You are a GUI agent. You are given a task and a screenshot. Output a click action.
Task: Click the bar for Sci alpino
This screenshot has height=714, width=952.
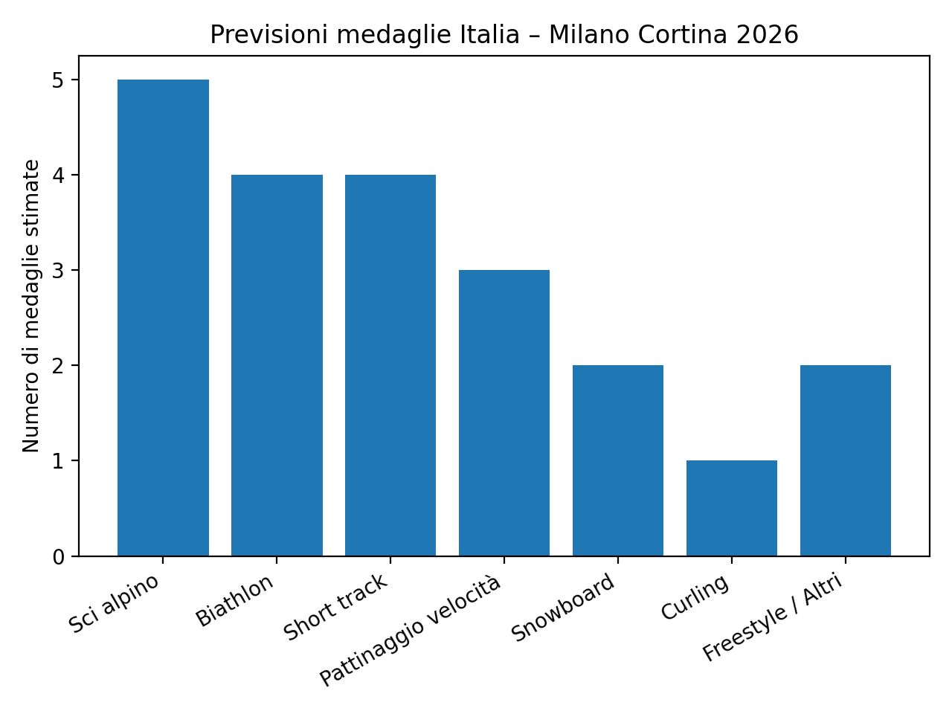point(163,318)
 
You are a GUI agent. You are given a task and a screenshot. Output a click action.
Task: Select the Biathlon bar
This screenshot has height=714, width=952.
point(277,365)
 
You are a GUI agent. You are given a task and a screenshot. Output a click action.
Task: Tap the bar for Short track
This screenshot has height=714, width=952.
point(390,365)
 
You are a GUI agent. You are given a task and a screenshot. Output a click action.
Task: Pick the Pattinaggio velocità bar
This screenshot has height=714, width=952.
point(504,413)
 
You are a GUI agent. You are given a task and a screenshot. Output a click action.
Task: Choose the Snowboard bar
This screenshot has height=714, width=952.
point(618,460)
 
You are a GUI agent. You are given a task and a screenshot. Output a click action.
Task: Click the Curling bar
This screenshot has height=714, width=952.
point(732,508)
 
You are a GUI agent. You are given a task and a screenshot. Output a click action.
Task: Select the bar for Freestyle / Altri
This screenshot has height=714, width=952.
point(846,460)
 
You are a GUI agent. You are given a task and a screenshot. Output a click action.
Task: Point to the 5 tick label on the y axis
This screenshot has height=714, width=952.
point(59,80)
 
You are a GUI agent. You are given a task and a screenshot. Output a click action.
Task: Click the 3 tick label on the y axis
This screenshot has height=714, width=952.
point(59,271)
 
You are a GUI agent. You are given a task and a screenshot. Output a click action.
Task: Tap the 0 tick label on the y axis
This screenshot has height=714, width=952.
point(59,557)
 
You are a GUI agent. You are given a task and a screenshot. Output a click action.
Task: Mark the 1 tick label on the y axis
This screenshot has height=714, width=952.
point(59,461)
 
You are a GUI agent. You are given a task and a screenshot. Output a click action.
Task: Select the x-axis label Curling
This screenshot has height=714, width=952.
point(695,598)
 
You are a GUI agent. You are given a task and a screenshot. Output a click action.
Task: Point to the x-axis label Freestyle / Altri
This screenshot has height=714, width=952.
point(773,617)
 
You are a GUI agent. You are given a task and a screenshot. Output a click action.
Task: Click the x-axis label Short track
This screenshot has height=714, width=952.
point(335,608)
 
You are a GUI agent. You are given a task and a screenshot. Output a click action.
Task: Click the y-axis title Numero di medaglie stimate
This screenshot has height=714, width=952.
point(31,306)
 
